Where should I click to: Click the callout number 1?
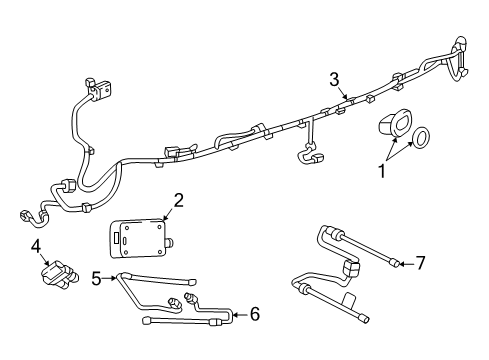(381, 171)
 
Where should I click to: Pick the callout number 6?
(254, 315)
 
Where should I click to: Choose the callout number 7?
(420, 263)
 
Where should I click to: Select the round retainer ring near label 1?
(421, 136)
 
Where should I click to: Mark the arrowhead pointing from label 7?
(401, 263)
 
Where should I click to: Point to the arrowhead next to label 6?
(235, 315)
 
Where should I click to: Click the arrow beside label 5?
(115, 279)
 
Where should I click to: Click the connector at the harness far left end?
(23, 214)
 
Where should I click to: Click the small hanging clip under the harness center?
(312, 156)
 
